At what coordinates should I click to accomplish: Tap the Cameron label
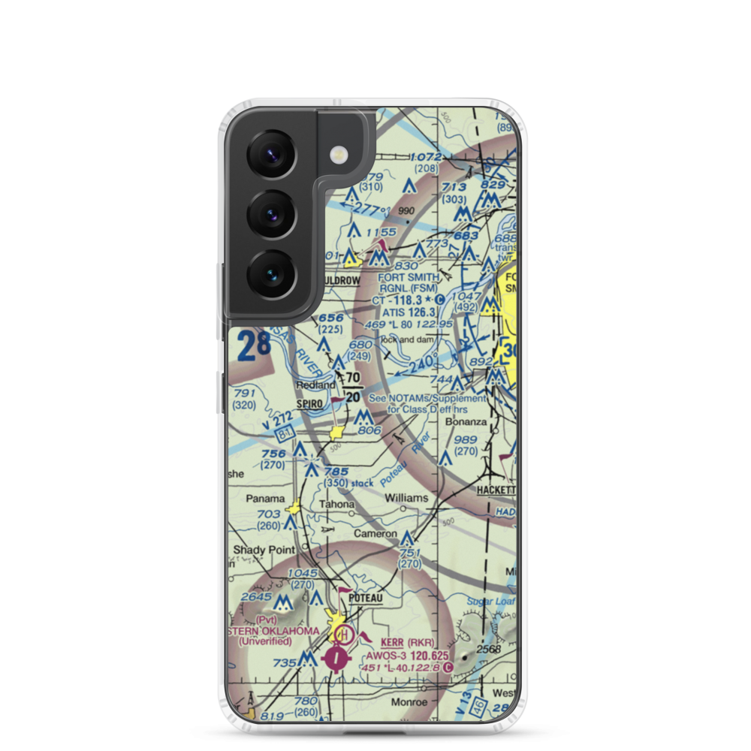(x=375, y=534)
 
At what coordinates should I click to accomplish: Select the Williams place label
(x=406, y=498)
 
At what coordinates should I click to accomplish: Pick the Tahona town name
(x=336, y=504)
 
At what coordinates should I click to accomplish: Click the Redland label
(x=315, y=385)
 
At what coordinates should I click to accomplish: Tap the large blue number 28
(x=252, y=346)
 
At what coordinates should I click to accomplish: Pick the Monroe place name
(x=409, y=702)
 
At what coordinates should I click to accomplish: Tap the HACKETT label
(x=496, y=489)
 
